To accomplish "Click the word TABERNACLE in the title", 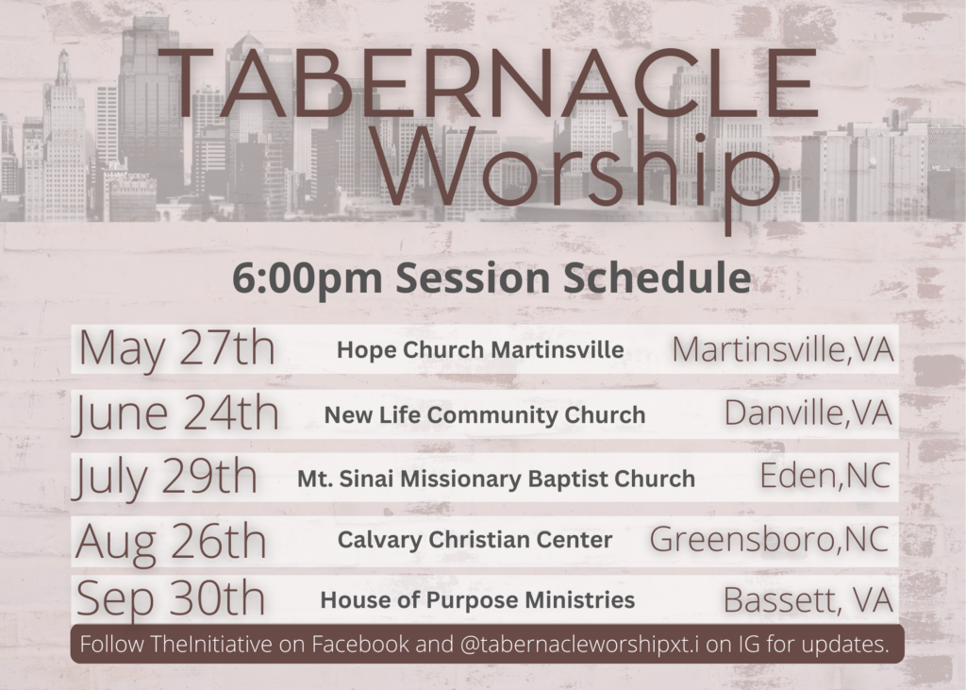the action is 488,83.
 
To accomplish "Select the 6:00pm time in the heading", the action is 308,278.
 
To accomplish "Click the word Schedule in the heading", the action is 657,278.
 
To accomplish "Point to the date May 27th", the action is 176,349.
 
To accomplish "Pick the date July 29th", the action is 164,478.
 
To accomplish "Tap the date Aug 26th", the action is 171,542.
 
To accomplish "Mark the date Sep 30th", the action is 171,598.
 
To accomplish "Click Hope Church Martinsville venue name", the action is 480,349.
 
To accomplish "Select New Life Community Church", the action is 485,415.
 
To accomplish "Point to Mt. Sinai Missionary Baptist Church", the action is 496,479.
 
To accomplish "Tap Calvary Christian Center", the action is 475,540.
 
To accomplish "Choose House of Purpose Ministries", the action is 477,600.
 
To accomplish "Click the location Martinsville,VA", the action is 782,350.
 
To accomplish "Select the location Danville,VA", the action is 808,413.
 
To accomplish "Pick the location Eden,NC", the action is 824,476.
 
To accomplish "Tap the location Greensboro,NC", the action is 770,540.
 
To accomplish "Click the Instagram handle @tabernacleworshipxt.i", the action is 579,644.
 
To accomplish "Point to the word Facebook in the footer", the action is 359,644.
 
